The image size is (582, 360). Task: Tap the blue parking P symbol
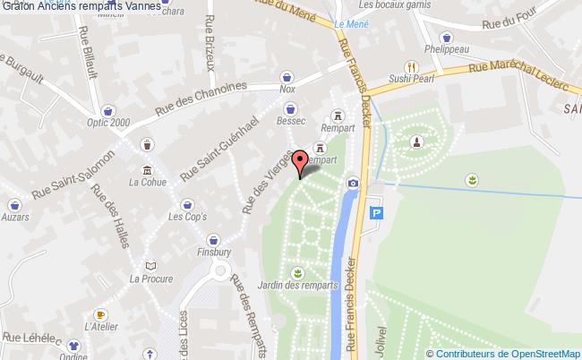click(377, 214)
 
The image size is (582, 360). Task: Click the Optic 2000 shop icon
click(107, 111)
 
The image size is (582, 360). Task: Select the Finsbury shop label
click(213, 253)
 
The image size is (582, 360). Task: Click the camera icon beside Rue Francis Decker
click(354, 183)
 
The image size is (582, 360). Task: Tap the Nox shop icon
click(287, 77)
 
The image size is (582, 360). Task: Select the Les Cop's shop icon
click(187, 204)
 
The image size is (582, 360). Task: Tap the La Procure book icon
click(150, 266)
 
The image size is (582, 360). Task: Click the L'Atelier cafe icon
click(101, 315)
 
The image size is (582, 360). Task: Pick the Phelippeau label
click(442, 49)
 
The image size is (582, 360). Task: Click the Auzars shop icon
click(15, 204)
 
